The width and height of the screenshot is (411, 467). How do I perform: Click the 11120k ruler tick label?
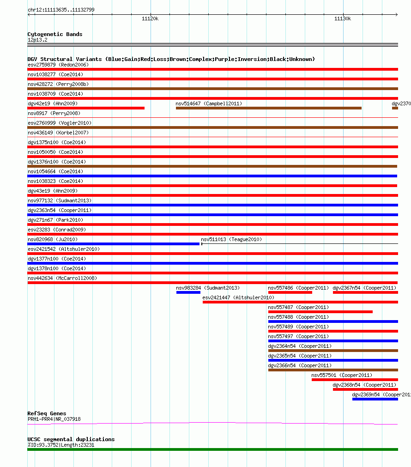point(150,18)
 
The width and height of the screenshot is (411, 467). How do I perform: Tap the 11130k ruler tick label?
point(343,18)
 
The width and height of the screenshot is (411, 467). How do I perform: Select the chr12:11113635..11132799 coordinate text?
point(61,10)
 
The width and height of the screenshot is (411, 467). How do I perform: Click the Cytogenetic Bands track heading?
point(55,34)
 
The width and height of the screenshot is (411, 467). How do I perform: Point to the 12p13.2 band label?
point(37,40)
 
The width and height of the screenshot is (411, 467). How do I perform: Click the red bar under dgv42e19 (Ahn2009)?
point(86,108)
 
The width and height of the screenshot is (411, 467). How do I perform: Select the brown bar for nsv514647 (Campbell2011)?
point(268,108)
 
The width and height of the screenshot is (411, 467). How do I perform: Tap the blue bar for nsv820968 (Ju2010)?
point(113,244)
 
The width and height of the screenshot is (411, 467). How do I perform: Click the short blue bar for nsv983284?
point(188,292)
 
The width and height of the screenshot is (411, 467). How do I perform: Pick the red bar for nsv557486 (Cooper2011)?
point(290,292)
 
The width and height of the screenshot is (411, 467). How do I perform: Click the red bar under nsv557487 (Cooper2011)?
point(320,312)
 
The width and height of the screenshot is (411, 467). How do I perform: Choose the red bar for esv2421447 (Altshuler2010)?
point(300,302)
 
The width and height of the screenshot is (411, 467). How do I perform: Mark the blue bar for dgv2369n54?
point(375,399)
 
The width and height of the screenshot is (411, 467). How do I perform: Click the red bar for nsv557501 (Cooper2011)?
point(355,380)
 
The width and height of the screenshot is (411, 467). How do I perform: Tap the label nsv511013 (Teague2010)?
point(231,239)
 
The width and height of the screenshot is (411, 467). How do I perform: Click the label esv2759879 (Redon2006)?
point(58,65)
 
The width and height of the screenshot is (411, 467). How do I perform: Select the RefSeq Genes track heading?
point(47,413)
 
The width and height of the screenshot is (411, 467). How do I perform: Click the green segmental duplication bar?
point(212,449)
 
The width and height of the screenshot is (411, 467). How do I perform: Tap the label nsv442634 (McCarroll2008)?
point(62,278)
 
